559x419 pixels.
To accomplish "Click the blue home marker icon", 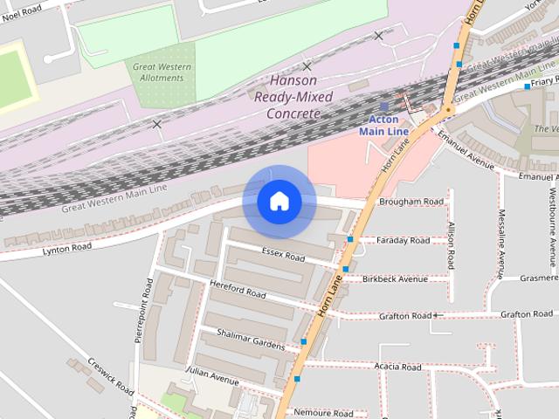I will pyautogui.click(x=279, y=202).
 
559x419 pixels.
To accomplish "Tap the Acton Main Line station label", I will pyautogui.click(x=384, y=125).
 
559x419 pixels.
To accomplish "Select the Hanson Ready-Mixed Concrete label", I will pyautogui.click(x=287, y=97).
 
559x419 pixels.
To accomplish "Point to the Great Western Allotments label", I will pyautogui.click(x=158, y=72).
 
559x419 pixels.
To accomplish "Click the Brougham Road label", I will pyautogui.click(x=411, y=202).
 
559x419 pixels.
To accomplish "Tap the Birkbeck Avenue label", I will pyautogui.click(x=395, y=279).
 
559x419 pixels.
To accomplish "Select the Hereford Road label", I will pyautogui.click(x=238, y=291).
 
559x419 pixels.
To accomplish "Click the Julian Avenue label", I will pyautogui.click(x=211, y=381).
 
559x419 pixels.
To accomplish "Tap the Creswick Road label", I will pyautogui.click(x=108, y=374).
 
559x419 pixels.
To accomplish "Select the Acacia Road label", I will pyautogui.click(x=398, y=366).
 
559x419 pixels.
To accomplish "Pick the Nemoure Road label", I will pyautogui.click(x=323, y=413).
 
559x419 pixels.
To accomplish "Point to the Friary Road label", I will pyautogui.click(x=542, y=80).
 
